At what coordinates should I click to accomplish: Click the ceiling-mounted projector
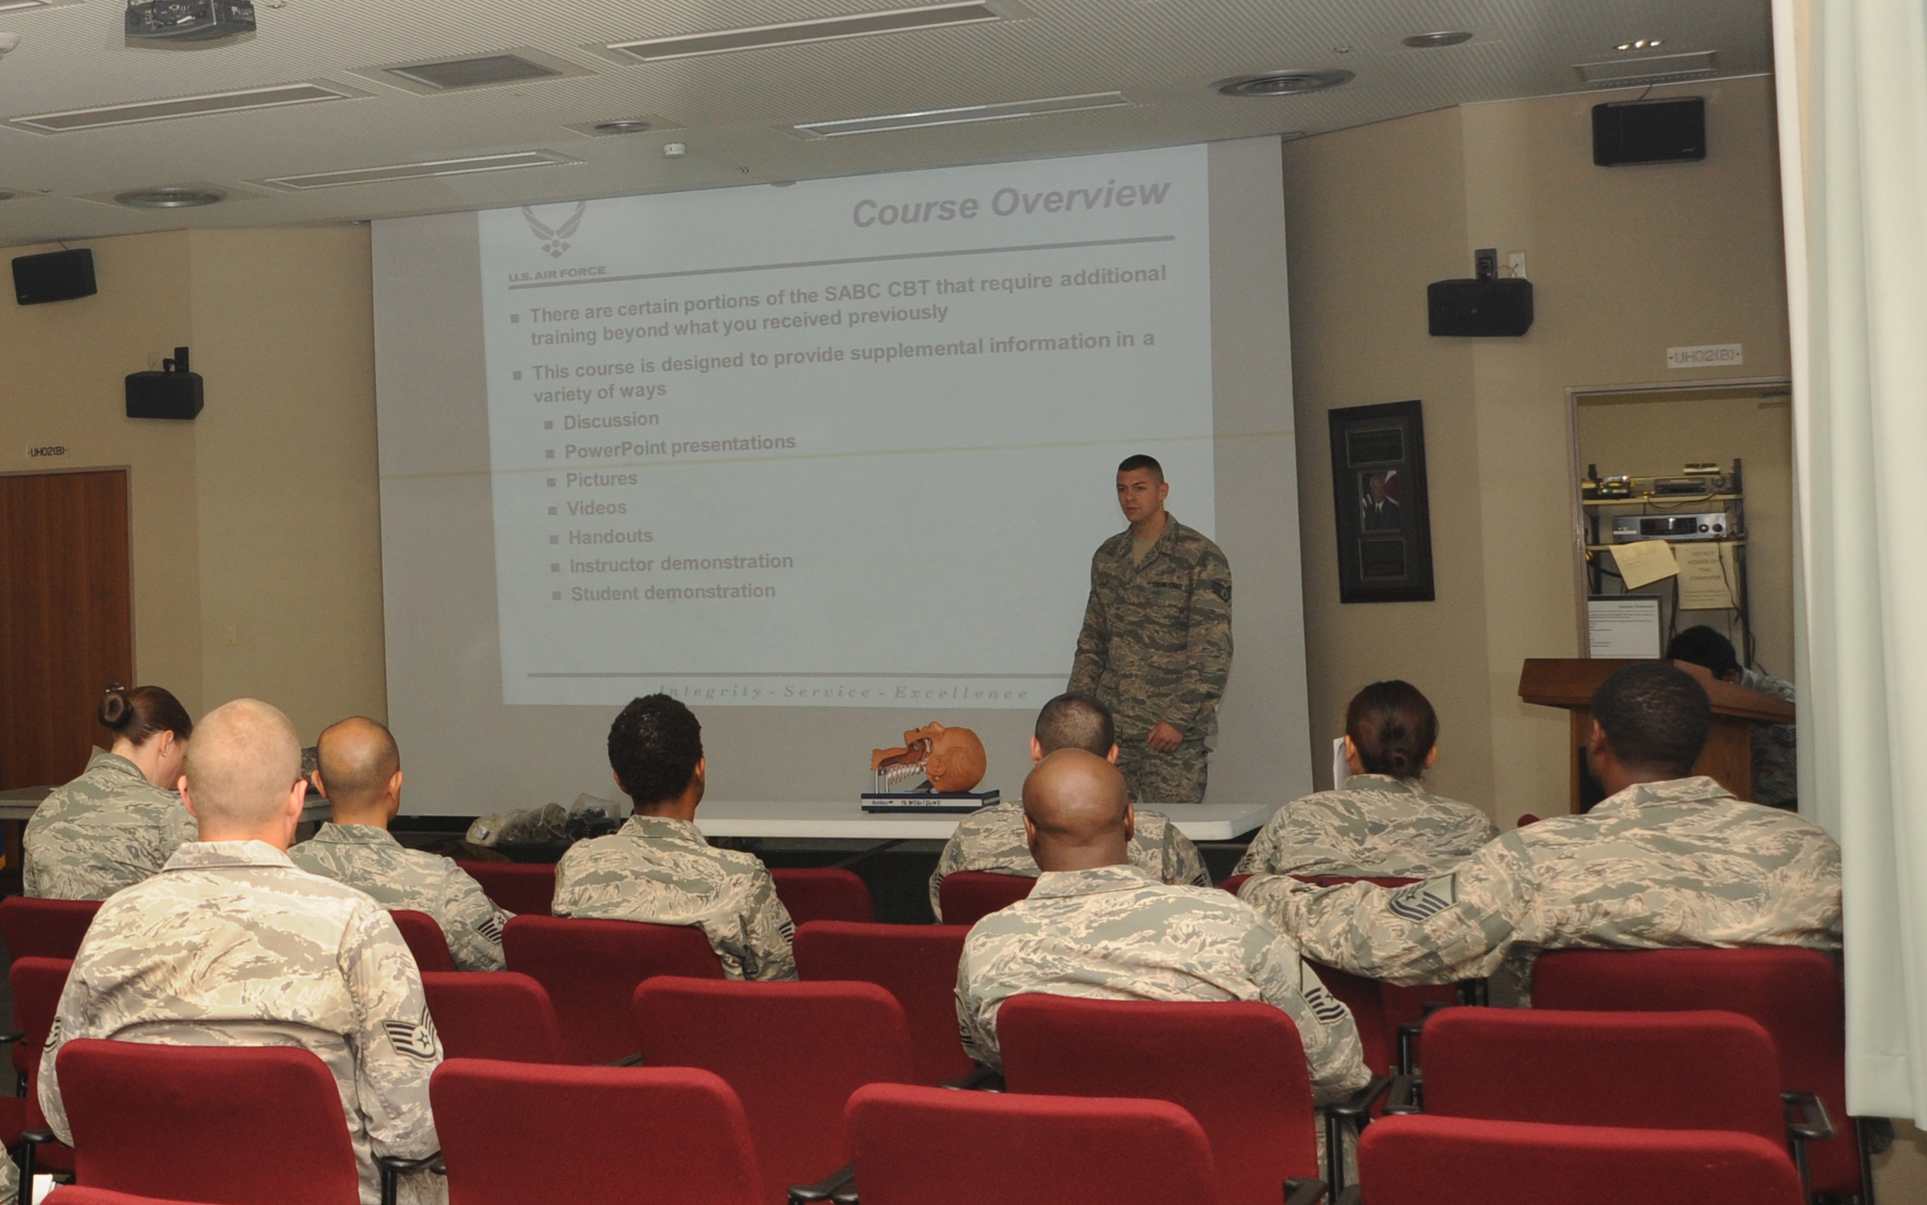(189, 18)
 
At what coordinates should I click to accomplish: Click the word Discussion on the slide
(610, 420)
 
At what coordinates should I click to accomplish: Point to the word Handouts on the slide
(610, 537)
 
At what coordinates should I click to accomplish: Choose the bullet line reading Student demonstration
(673, 593)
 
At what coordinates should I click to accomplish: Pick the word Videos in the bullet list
(597, 508)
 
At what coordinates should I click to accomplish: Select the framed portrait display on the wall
(1380, 501)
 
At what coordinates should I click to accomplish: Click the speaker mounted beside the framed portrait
(1479, 305)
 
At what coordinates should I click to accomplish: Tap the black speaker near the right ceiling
(1648, 131)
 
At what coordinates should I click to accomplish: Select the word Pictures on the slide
(601, 480)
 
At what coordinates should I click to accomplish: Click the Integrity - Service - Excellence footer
(843, 692)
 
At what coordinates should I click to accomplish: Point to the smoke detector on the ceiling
(674, 149)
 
